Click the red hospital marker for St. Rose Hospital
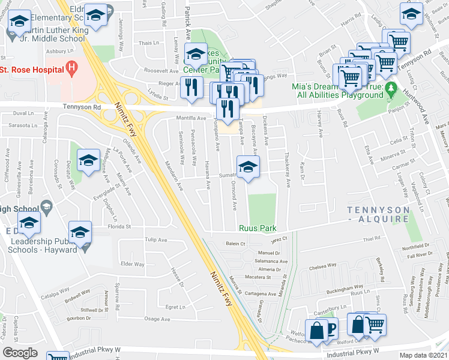pos(71,69)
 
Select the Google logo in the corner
pos(20,353)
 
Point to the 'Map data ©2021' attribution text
pos(423,355)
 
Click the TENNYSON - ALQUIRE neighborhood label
pos(378,215)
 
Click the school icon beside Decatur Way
pos(88,161)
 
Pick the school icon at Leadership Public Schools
pos(80,232)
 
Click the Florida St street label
pos(119,227)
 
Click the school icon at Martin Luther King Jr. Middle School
pos(21,23)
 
